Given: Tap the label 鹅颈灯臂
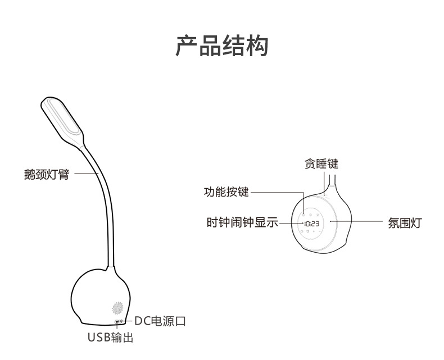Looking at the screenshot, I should point(46,174).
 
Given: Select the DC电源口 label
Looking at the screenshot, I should point(160,321).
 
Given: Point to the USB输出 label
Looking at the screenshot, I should point(110,338).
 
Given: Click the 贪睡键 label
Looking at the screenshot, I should point(321,165).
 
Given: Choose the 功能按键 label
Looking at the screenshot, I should point(225,192).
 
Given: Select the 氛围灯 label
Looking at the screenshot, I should point(405,222).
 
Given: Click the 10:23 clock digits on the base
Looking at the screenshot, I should point(312,223).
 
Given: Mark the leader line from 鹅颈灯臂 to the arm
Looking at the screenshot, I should point(87,174).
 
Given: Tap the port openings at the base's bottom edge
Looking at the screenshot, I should point(119,322).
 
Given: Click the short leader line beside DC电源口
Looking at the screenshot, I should point(128,321).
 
